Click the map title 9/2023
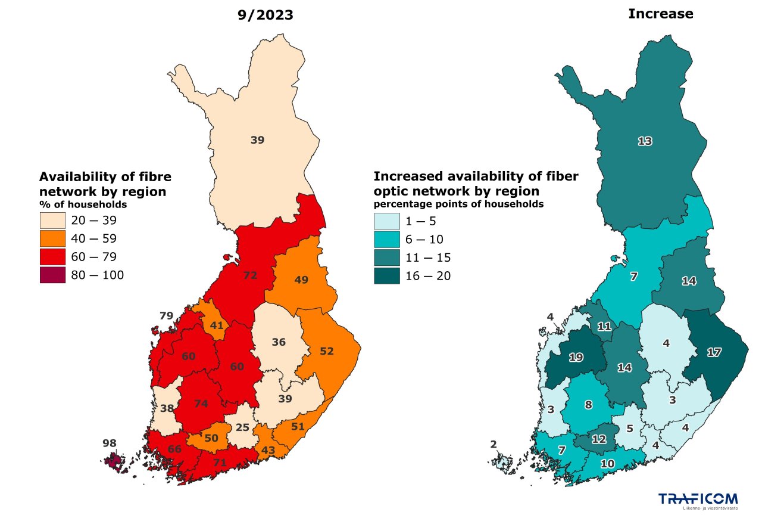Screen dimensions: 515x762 click(265, 15)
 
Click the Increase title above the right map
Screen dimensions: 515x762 click(661, 14)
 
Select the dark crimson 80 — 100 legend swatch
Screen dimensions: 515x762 click(52, 275)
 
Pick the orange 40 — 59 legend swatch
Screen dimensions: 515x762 click(52, 238)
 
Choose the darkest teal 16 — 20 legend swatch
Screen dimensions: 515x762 click(386, 276)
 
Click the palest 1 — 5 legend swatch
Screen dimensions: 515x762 click(386, 221)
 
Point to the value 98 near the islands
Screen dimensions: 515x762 click(109, 443)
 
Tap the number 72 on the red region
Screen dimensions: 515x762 click(250, 275)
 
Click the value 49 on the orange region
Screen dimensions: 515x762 click(301, 280)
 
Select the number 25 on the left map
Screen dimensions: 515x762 click(242, 427)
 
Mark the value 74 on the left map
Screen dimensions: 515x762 click(201, 404)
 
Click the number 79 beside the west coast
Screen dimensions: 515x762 click(166, 315)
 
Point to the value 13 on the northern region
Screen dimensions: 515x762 click(645, 141)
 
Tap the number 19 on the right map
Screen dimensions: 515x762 click(576, 358)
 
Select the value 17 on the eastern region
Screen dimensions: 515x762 click(714, 352)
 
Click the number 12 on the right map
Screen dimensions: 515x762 click(599, 439)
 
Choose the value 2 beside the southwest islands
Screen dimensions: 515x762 click(493, 444)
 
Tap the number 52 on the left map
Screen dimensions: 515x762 click(327, 351)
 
